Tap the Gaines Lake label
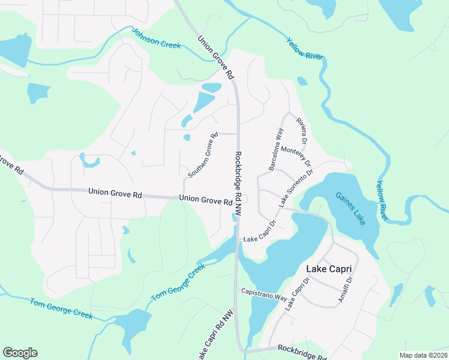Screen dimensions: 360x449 pos(351,208)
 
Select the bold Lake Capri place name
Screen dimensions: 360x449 pos(328,269)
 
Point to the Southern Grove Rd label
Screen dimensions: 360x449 pos(203,155)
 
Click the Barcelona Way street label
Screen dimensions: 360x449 pos(276,149)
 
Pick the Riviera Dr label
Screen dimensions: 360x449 pos(301,131)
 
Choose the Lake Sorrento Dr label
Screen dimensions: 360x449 pos(296,188)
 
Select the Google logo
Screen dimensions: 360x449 pos(20,353)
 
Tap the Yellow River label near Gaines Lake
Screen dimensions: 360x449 pos(382,199)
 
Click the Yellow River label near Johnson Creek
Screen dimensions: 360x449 pos(305,51)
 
